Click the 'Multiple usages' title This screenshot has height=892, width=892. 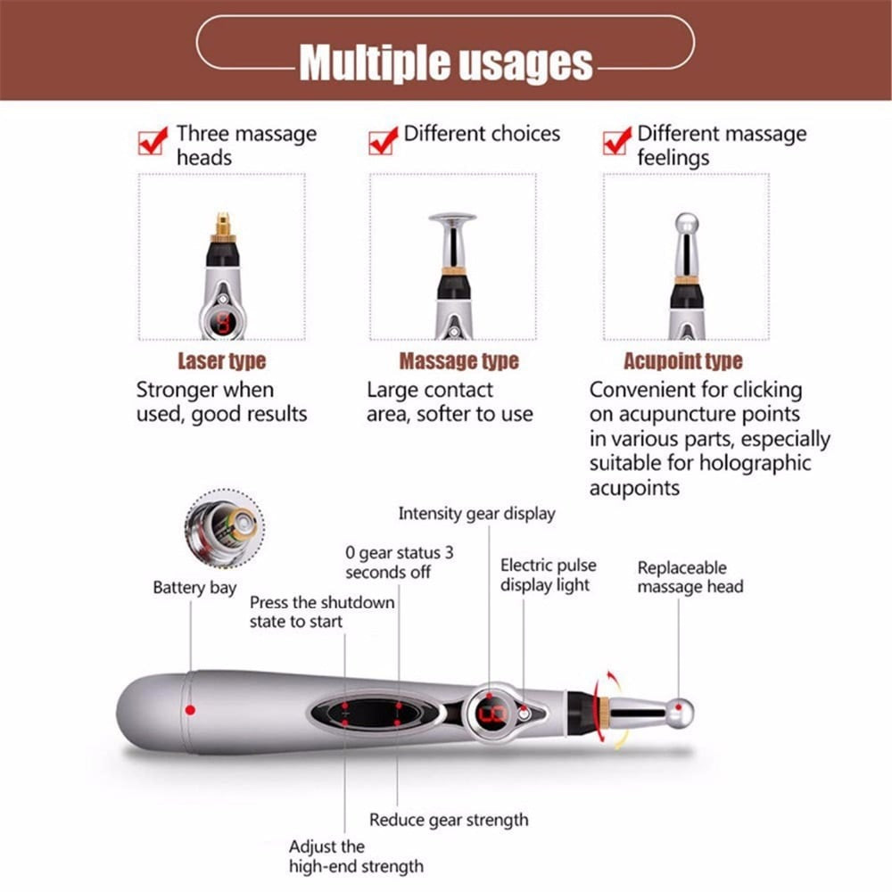point(445,62)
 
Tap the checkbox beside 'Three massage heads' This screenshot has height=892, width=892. point(153,141)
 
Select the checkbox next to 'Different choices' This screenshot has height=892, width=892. point(384,140)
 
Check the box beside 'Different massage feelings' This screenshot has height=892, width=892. point(616,141)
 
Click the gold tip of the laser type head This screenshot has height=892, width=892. point(222,223)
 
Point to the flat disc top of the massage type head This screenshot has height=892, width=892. point(452,217)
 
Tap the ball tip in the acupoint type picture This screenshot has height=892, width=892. point(685,223)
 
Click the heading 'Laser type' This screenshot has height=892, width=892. point(221,361)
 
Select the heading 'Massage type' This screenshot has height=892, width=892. point(458,361)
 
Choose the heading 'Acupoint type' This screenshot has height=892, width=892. point(683,361)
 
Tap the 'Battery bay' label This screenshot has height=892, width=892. point(194,588)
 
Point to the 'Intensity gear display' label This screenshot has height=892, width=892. point(476,514)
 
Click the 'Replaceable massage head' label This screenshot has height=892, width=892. point(690,577)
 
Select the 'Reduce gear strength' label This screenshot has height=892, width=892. point(449,820)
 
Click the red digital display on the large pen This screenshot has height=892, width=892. point(492,714)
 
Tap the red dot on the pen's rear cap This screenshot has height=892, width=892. point(189,710)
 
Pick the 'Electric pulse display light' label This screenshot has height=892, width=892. point(548,575)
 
